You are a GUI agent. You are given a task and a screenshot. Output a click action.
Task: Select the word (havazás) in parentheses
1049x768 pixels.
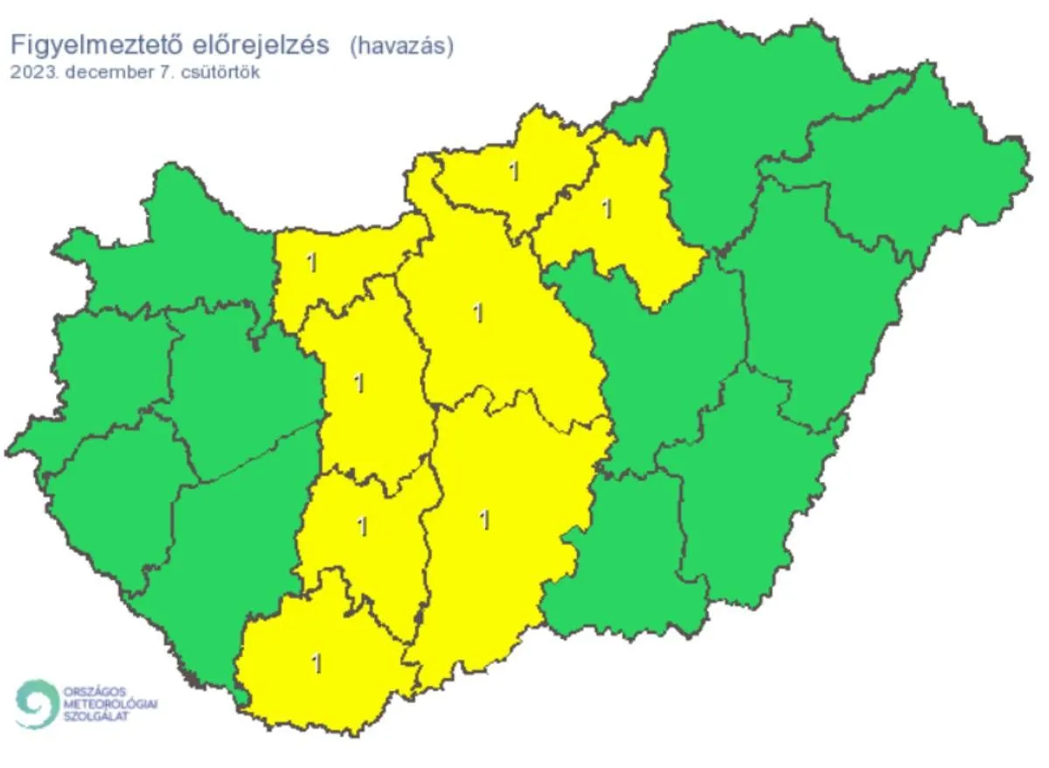click(401, 46)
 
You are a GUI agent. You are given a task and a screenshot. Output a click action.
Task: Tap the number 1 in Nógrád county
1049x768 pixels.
click(514, 171)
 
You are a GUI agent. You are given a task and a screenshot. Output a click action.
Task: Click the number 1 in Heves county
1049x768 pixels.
click(606, 209)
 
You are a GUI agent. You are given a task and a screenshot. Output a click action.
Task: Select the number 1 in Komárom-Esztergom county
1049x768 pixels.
click(310, 261)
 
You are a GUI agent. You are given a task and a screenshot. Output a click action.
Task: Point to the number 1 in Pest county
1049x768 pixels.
click(477, 312)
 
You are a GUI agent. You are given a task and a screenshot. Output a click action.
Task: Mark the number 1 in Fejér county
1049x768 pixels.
click(358, 382)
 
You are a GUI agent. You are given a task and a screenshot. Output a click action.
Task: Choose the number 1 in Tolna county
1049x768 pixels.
click(362, 526)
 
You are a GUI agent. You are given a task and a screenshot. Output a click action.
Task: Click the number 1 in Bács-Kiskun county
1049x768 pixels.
click(484, 520)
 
